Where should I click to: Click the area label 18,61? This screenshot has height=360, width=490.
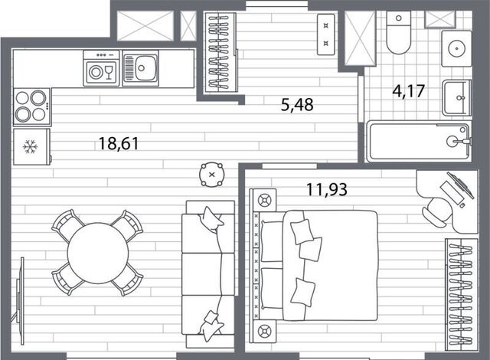(x=119, y=144)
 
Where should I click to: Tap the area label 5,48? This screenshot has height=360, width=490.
(x=297, y=105)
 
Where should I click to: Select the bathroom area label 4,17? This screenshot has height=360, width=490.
(x=408, y=91)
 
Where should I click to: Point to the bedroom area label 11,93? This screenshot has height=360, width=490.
(x=327, y=189)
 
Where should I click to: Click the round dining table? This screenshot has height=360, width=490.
(x=98, y=253)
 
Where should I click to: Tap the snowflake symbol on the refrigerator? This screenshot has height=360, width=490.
(x=31, y=147)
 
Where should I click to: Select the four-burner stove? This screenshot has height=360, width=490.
(x=31, y=106)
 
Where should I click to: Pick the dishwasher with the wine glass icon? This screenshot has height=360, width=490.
(x=101, y=68)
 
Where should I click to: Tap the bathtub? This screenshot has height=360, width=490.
(x=418, y=142)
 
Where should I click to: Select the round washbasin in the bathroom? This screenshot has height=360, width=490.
(x=456, y=48)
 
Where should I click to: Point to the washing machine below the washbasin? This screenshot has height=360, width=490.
(x=456, y=98)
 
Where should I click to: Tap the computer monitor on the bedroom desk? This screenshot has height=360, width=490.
(x=460, y=185)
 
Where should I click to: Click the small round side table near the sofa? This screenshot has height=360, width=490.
(x=212, y=175)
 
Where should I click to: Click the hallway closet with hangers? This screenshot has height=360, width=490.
(x=220, y=52)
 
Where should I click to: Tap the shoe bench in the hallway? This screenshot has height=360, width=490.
(x=326, y=34)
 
